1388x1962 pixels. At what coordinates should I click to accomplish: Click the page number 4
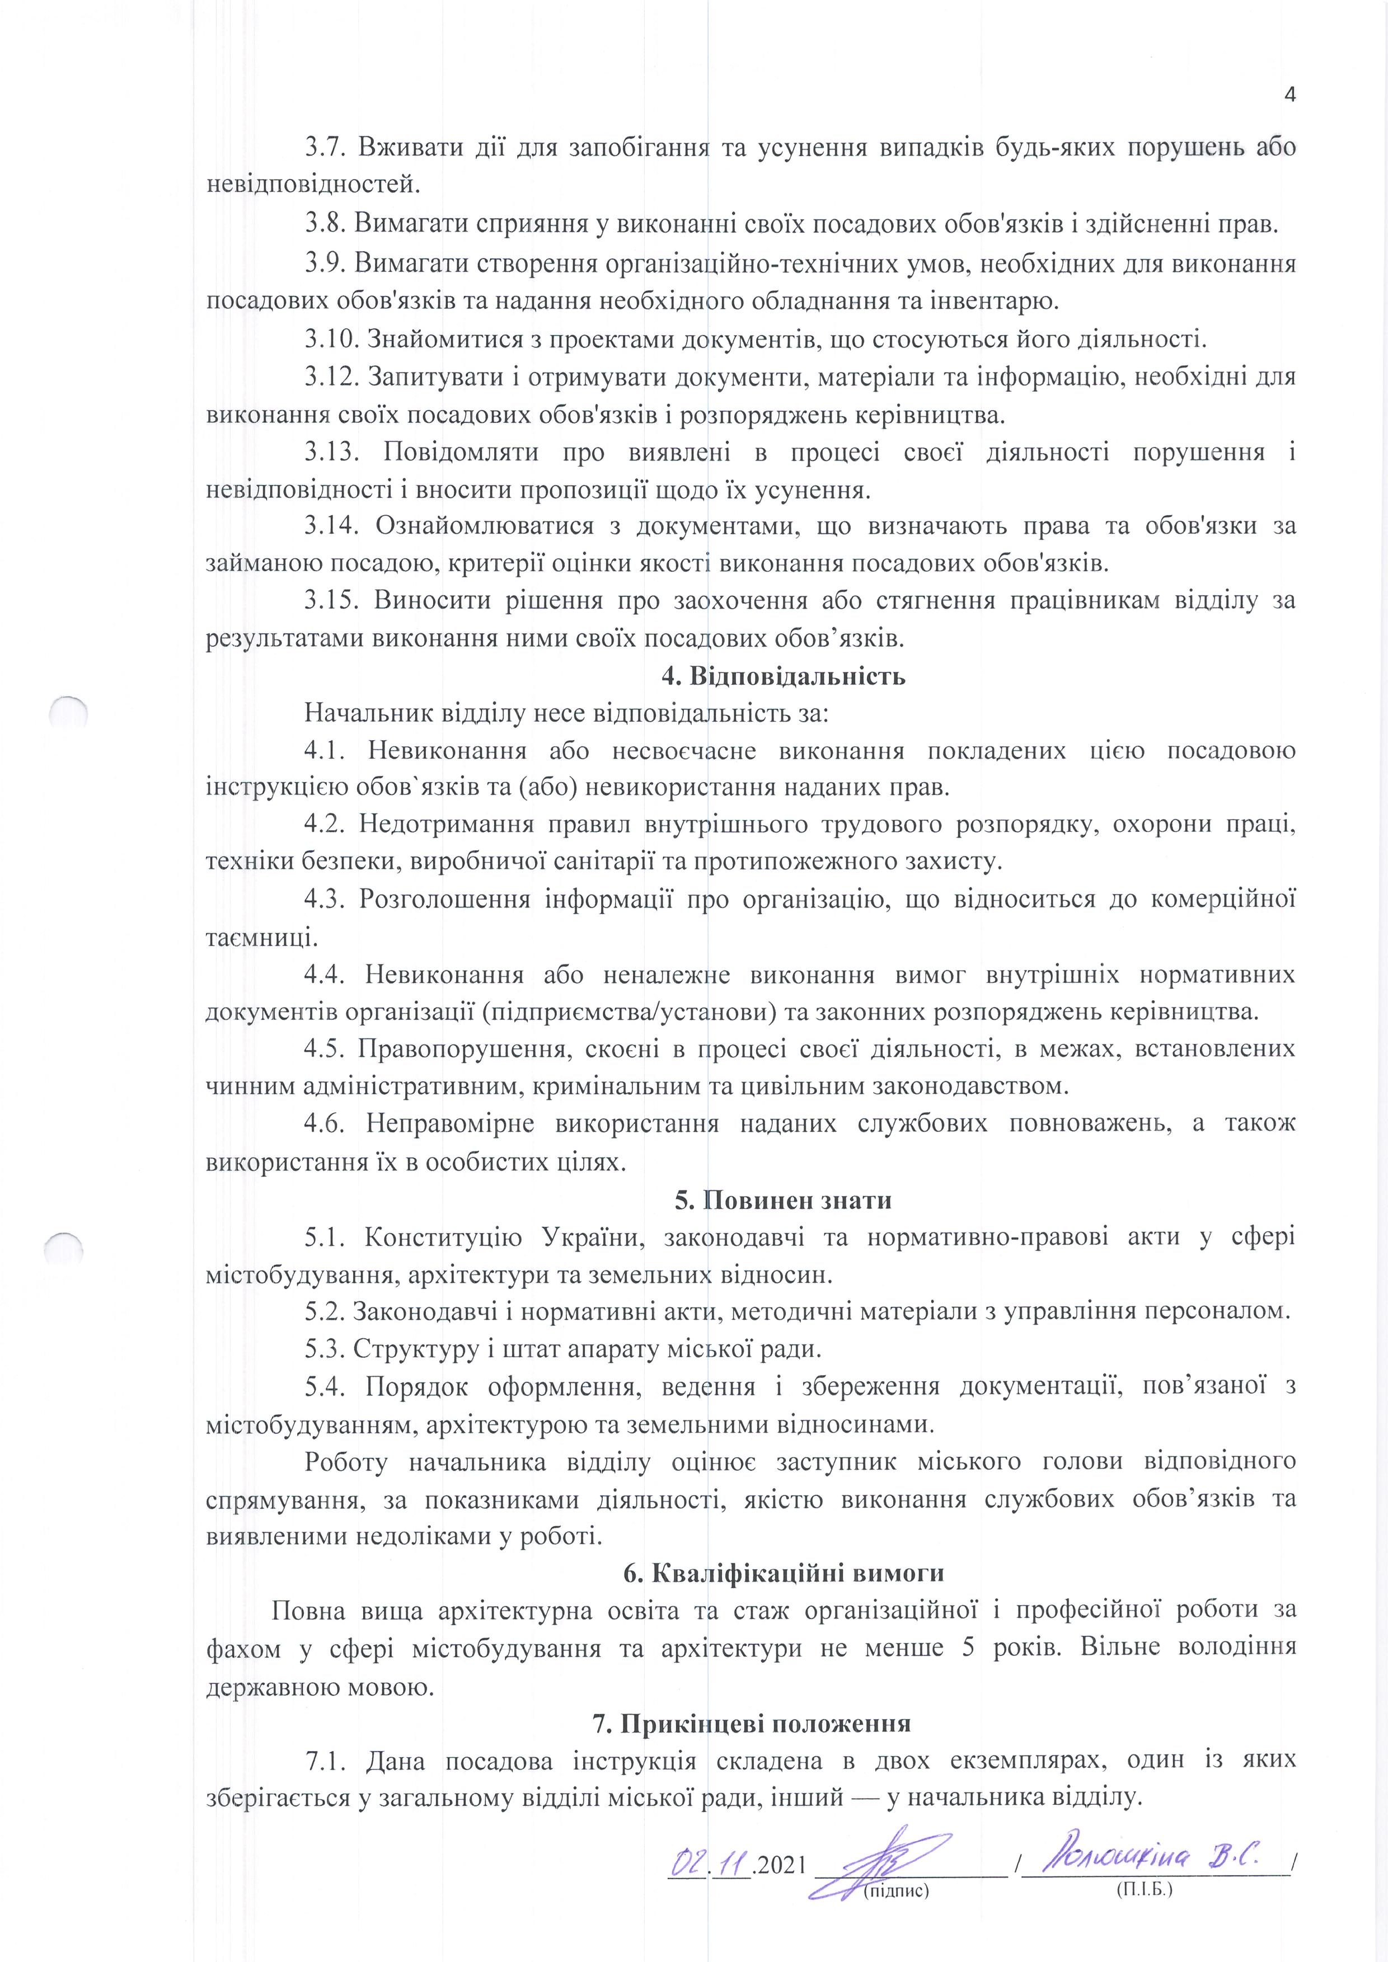tap(1289, 94)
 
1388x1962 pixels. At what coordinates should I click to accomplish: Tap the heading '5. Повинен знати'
tap(783, 1200)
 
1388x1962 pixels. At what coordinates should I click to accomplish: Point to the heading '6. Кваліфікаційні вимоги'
tap(784, 1572)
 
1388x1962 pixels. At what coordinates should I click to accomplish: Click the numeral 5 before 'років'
tap(968, 1648)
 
